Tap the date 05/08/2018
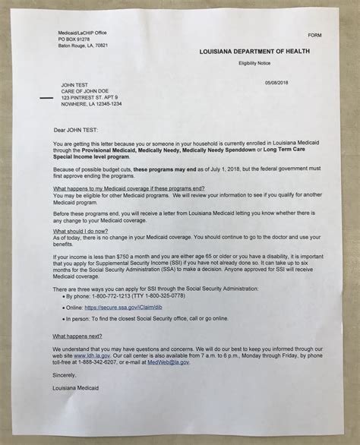[279, 82]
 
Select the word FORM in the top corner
[314, 36]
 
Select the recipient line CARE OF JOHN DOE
[77, 95]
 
